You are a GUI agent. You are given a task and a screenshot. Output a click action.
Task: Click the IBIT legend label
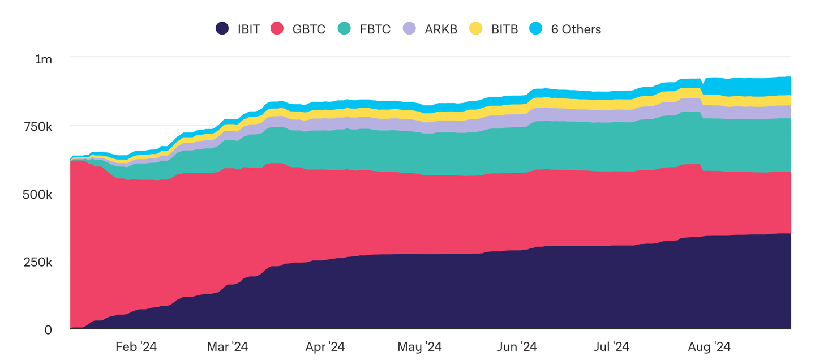tap(248, 29)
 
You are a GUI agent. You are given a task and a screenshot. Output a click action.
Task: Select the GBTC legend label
tap(309, 29)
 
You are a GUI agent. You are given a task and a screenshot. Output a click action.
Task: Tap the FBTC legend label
tap(375, 29)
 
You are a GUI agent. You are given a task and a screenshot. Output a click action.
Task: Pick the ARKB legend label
tap(441, 29)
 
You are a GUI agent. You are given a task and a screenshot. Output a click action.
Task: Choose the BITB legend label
tap(504, 29)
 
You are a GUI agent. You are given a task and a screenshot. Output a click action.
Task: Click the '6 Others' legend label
tap(576, 29)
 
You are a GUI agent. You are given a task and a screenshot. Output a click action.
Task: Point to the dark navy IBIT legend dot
tap(222, 28)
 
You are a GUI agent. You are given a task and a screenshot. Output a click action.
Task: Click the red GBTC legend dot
tap(277, 28)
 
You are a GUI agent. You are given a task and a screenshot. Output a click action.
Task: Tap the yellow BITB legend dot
tap(476, 28)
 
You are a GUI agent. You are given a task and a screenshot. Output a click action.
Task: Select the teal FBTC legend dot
tap(344, 28)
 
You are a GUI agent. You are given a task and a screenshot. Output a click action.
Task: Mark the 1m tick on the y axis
tap(44, 59)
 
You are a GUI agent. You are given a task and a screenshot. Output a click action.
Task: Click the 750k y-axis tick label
tap(40, 127)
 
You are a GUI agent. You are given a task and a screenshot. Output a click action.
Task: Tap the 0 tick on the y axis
tap(48, 330)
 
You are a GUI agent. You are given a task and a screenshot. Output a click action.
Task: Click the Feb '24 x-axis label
tap(136, 346)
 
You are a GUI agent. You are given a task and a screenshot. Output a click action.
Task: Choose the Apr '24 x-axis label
tap(324, 346)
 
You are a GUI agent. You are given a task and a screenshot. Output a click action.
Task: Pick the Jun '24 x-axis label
tap(516, 346)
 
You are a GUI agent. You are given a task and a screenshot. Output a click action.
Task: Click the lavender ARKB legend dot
tap(409, 28)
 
